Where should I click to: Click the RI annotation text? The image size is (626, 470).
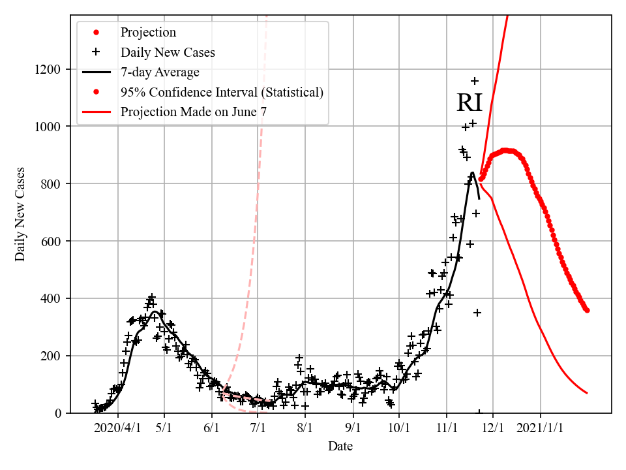pos(469,103)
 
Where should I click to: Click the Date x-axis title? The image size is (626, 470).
pos(340,446)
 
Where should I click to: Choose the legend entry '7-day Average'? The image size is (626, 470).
pos(160,72)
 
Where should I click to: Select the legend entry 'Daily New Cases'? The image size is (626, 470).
pos(168,52)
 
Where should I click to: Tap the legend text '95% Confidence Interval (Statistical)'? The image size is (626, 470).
pos(222,92)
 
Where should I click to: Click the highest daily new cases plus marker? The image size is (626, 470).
pos(475,81)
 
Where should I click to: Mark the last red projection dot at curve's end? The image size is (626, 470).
pos(587,310)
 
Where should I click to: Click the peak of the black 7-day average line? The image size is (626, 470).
pos(472,173)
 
